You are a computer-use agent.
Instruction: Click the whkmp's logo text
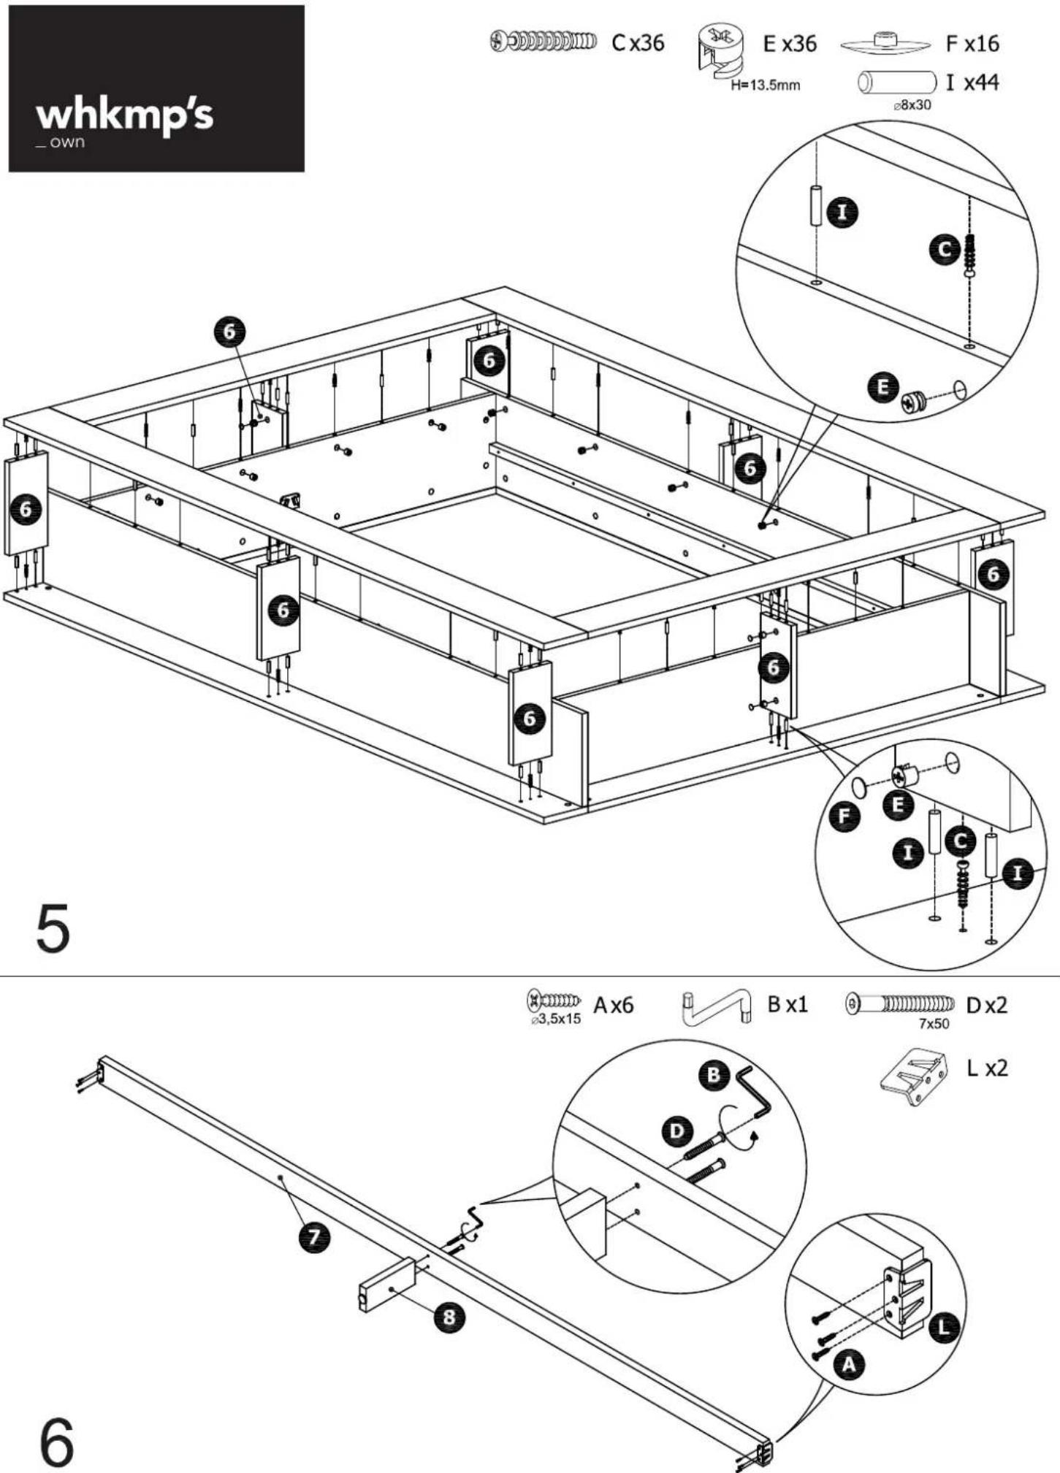point(124,115)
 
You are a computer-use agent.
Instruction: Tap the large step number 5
point(53,928)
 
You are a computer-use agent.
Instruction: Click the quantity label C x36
point(638,43)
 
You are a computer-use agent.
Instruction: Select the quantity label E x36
point(790,44)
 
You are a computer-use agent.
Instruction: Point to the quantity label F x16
point(972,44)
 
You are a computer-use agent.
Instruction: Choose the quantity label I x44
point(972,83)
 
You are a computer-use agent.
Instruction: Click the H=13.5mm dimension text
point(766,85)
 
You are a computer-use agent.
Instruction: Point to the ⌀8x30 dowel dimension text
point(912,104)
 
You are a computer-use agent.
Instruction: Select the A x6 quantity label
point(614,1006)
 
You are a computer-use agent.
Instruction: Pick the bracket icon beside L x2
point(914,1076)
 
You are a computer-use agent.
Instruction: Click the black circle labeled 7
point(314,1236)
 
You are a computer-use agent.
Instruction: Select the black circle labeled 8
point(449,1317)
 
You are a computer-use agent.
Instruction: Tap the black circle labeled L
point(944,1326)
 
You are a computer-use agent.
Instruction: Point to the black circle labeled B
point(714,1075)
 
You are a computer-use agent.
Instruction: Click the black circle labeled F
point(844,815)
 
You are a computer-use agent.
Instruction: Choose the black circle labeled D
point(677,1131)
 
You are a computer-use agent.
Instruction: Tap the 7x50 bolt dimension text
point(934,1024)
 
